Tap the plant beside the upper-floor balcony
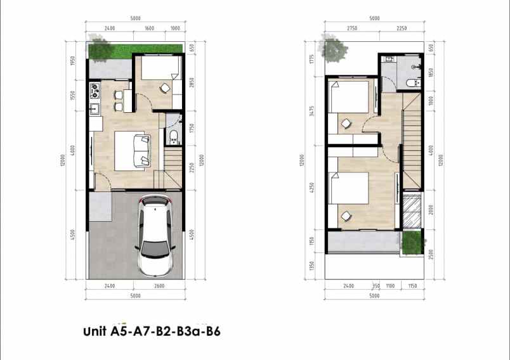coord(412,241)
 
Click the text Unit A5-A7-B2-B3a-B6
coord(152,331)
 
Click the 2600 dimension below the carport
coord(159,286)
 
